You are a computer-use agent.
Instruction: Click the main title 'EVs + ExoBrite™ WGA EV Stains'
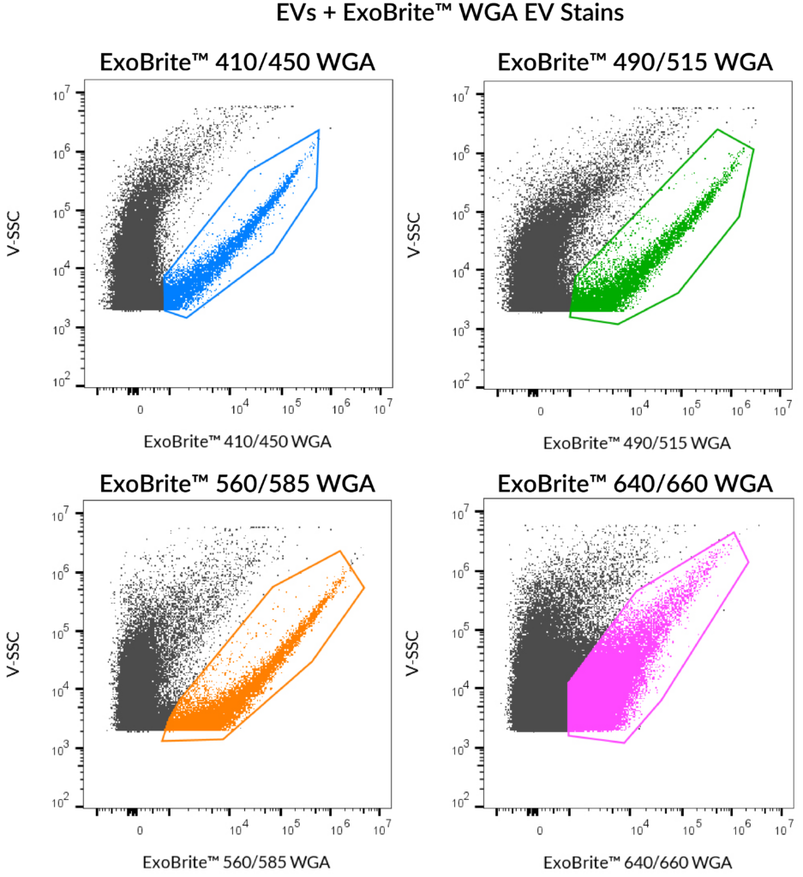(401, 15)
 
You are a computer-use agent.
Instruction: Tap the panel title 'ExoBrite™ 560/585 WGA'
(237, 483)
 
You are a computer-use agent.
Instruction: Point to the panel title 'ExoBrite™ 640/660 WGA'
(635, 483)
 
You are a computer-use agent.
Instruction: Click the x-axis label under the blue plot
(237, 442)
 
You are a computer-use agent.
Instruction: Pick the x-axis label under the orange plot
(237, 862)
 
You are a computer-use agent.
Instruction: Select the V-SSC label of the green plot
(416, 240)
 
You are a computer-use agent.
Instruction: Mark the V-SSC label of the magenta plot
(416, 659)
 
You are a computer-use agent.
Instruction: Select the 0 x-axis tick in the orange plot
(140, 830)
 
